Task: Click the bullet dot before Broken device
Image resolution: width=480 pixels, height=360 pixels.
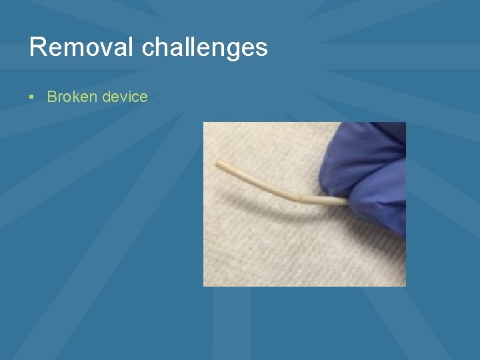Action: coord(32,97)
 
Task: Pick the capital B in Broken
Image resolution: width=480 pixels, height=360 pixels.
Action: coord(51,97)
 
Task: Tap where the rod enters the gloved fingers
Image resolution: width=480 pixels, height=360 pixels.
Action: coord(345,199)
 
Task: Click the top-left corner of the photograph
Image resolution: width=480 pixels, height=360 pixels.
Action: coord(204,123)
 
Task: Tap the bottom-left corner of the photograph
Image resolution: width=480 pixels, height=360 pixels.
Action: coord(204,285)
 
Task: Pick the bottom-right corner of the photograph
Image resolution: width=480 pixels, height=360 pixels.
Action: coord(405,285)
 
